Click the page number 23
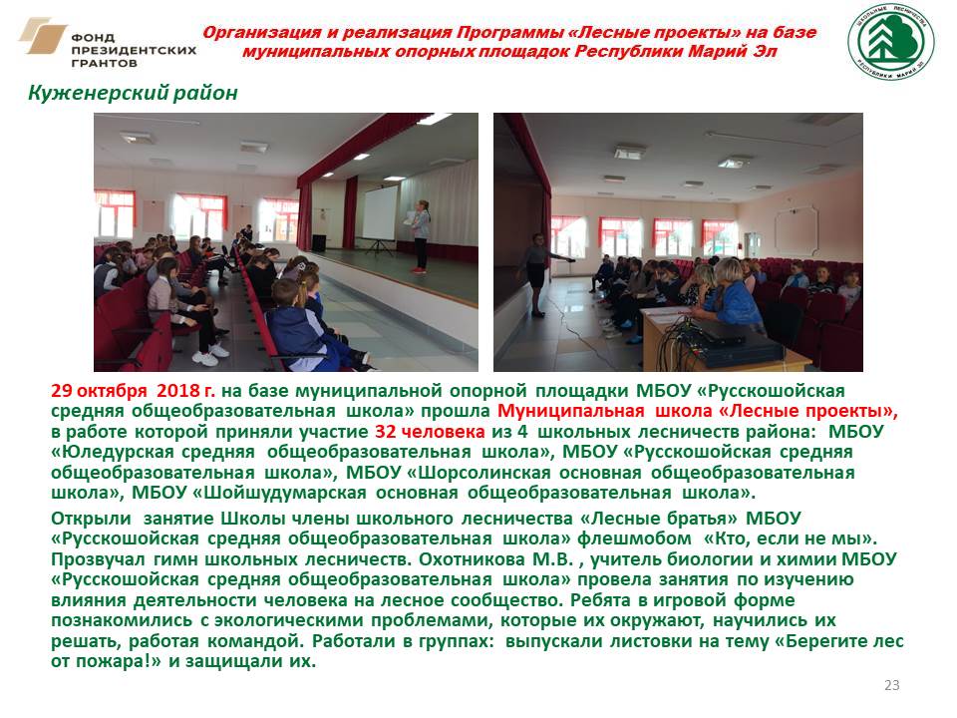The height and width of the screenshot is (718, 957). click(891, 685)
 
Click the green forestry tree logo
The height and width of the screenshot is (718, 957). click(891, 42)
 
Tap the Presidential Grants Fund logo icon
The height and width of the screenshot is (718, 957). click(42, 36)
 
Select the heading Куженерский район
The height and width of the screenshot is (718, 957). click(133, 93)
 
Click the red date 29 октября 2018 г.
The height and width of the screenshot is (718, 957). click(133, 391)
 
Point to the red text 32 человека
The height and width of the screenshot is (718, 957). click(430, 432)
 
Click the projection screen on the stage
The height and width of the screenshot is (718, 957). click(380, 213)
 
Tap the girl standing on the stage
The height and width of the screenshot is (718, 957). click(420, 235)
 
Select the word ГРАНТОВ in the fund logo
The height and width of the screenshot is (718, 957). click(105, 63)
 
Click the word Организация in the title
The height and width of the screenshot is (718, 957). click(262, 32)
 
